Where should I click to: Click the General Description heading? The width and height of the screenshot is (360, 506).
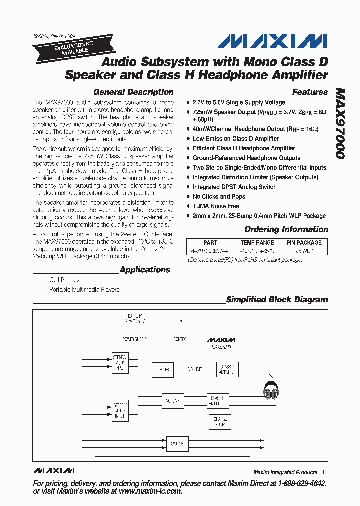(133, 92)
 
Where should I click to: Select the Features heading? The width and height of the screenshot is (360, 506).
(310, 92)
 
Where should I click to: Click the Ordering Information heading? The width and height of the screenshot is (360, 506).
(286, 230)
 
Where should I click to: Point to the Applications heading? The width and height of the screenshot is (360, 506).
(145, 270)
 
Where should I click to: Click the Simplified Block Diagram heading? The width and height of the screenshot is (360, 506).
(277, 300)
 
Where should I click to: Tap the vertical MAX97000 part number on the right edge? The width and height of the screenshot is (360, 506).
(340, 124)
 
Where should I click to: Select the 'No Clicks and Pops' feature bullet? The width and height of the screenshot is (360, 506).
(219, 197)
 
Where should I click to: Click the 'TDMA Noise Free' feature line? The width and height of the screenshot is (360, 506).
(216, 206)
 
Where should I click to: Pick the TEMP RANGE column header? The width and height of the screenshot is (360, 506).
(257, 243)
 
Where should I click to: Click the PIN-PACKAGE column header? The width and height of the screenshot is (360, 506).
(304, 243)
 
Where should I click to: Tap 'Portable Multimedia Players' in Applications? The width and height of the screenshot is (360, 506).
(84, 289)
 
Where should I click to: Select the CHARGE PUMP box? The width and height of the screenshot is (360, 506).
(220, 422)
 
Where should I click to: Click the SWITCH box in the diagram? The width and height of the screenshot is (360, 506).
(177, 443)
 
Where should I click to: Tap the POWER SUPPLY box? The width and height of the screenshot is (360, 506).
(135, 339)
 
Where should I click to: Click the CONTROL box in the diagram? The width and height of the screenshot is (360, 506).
(180, 339)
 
